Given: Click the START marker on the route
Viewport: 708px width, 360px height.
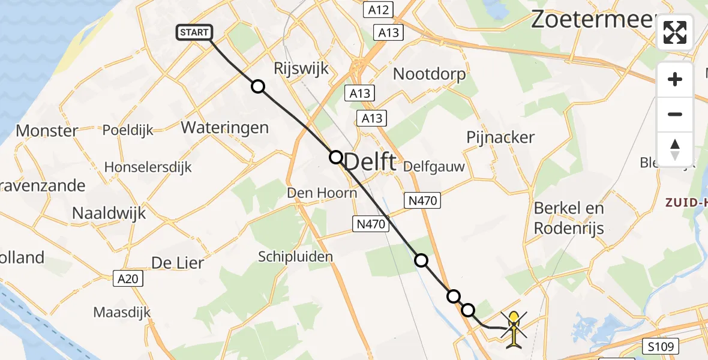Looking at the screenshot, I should pos(194,32).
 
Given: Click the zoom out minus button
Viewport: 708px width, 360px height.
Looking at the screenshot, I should pos(675,114).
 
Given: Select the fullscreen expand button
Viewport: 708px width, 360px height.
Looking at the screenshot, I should pos(675,32).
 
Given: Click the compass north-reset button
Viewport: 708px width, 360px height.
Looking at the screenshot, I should pos(675,149).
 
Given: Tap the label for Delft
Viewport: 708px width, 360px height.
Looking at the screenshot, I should pos(371,162).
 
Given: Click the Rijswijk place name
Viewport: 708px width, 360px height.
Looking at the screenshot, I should pos(301,68).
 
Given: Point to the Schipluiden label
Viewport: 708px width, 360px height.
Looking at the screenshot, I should pos(295,257).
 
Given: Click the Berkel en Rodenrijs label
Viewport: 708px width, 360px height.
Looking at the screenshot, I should pos(569,218).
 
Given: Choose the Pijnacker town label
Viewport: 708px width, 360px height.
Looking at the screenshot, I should pos(500,137).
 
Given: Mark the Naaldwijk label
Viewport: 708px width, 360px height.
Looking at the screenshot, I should pos(109,213).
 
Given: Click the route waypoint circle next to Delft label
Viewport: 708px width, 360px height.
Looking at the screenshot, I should pos(335,157).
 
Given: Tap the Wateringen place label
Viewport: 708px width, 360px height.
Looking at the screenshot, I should pos(224,128).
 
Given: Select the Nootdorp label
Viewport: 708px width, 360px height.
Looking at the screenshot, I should pos(429,74).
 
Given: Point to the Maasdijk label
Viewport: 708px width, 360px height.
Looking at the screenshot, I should pos(122,312).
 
